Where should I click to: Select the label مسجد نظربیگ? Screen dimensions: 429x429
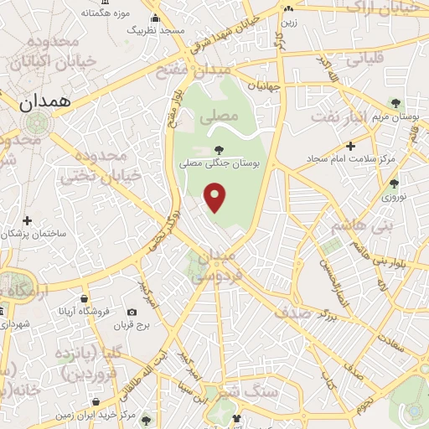point(156,30)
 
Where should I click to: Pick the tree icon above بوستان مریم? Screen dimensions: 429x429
point(395,103)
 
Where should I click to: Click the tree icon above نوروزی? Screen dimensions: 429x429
point(394,183)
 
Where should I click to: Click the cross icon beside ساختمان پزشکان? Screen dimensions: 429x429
point(28,221)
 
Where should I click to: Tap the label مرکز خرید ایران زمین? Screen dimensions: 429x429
point(96,415)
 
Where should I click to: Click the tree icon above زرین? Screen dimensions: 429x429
point(287,9)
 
